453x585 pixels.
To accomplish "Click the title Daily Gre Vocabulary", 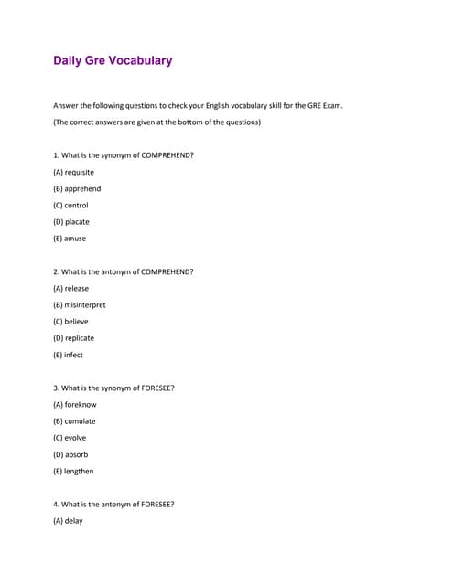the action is [113, 61].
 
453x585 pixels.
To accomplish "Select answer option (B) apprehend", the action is [77, 189].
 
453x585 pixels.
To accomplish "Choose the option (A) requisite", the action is [73, 172].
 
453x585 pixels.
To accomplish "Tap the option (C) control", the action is [70, 206].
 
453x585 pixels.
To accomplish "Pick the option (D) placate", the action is [71, 222].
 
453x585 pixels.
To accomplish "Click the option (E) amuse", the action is [70, 239].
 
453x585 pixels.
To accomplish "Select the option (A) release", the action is [70, 289].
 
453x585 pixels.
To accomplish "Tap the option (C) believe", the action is [70, 322].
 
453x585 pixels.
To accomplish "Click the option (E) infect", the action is [68, 355].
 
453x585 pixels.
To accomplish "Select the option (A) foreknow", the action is [74, 405].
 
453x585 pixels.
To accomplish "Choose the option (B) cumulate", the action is [74, 421].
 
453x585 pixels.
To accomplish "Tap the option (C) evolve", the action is [70, 438].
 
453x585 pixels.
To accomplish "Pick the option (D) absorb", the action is [70, 454].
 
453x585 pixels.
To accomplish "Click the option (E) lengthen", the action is [73, 472].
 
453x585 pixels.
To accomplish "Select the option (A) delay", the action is [68, 521].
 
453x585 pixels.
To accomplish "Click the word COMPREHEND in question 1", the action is [167, 155].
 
